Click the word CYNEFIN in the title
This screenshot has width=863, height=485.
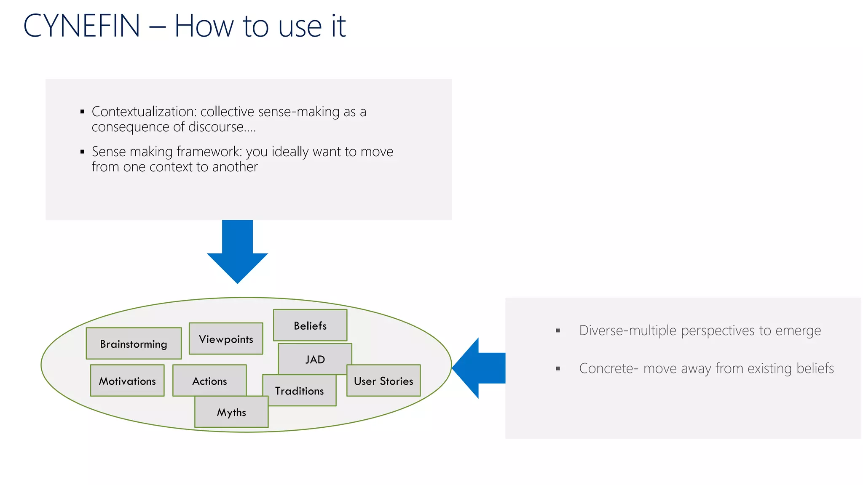(x=82, y=26)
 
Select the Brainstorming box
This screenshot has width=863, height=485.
(x=134, y=344)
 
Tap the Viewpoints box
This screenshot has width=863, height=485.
(x=226, y=339)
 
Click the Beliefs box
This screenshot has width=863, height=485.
(x=310, y=325)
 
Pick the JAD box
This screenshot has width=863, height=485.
(x=315, y=360)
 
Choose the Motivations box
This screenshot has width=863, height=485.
(x=127, y=381)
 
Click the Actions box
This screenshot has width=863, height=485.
(x=209, y=381)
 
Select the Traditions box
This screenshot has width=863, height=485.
(x=300, y=391)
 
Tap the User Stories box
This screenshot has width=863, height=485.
(x=383, y=381)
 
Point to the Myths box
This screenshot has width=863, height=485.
(x=231, y=412)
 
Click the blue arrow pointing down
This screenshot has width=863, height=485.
(x=237, y=253)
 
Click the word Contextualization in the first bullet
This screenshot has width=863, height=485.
(x=144, y=112)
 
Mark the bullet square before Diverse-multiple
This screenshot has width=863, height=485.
(x=558, y=331)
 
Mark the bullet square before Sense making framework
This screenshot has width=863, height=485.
(x=83, y=152)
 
